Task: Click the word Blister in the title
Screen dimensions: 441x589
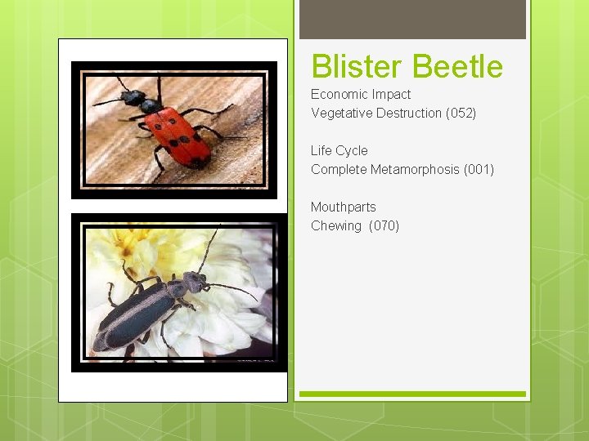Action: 357,66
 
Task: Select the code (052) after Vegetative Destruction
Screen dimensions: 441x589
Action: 461,113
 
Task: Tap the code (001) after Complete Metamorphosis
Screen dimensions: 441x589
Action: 479,169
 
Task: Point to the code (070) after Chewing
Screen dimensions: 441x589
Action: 384,225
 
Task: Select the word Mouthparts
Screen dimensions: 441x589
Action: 343,207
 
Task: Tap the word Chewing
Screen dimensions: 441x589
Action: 335,225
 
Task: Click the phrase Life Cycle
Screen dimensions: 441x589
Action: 339,150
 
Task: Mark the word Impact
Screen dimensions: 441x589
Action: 393,94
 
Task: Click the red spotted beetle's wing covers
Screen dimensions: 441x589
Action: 182,135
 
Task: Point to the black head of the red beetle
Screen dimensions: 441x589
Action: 132,97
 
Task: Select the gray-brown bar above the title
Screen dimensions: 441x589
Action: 412,20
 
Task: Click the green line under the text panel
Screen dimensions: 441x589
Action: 412,394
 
